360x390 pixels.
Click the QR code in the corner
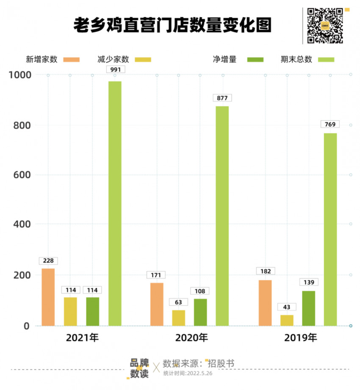coord(325,25)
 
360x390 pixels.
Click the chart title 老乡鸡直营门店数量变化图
coord(172,25)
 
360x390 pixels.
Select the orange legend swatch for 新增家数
coord(72,60)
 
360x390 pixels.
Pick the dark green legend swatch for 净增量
coord(255,60)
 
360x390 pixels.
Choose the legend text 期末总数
coord(296,60)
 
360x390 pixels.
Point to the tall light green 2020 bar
coord(222,216)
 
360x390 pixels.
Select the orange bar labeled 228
coord(48,297)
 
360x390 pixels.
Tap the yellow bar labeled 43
coord(287,320)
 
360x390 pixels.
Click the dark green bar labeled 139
coord(308,308)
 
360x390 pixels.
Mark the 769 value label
coord(330,124)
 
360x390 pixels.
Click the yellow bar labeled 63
coord(179,318)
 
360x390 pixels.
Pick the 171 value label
coord(156,275)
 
